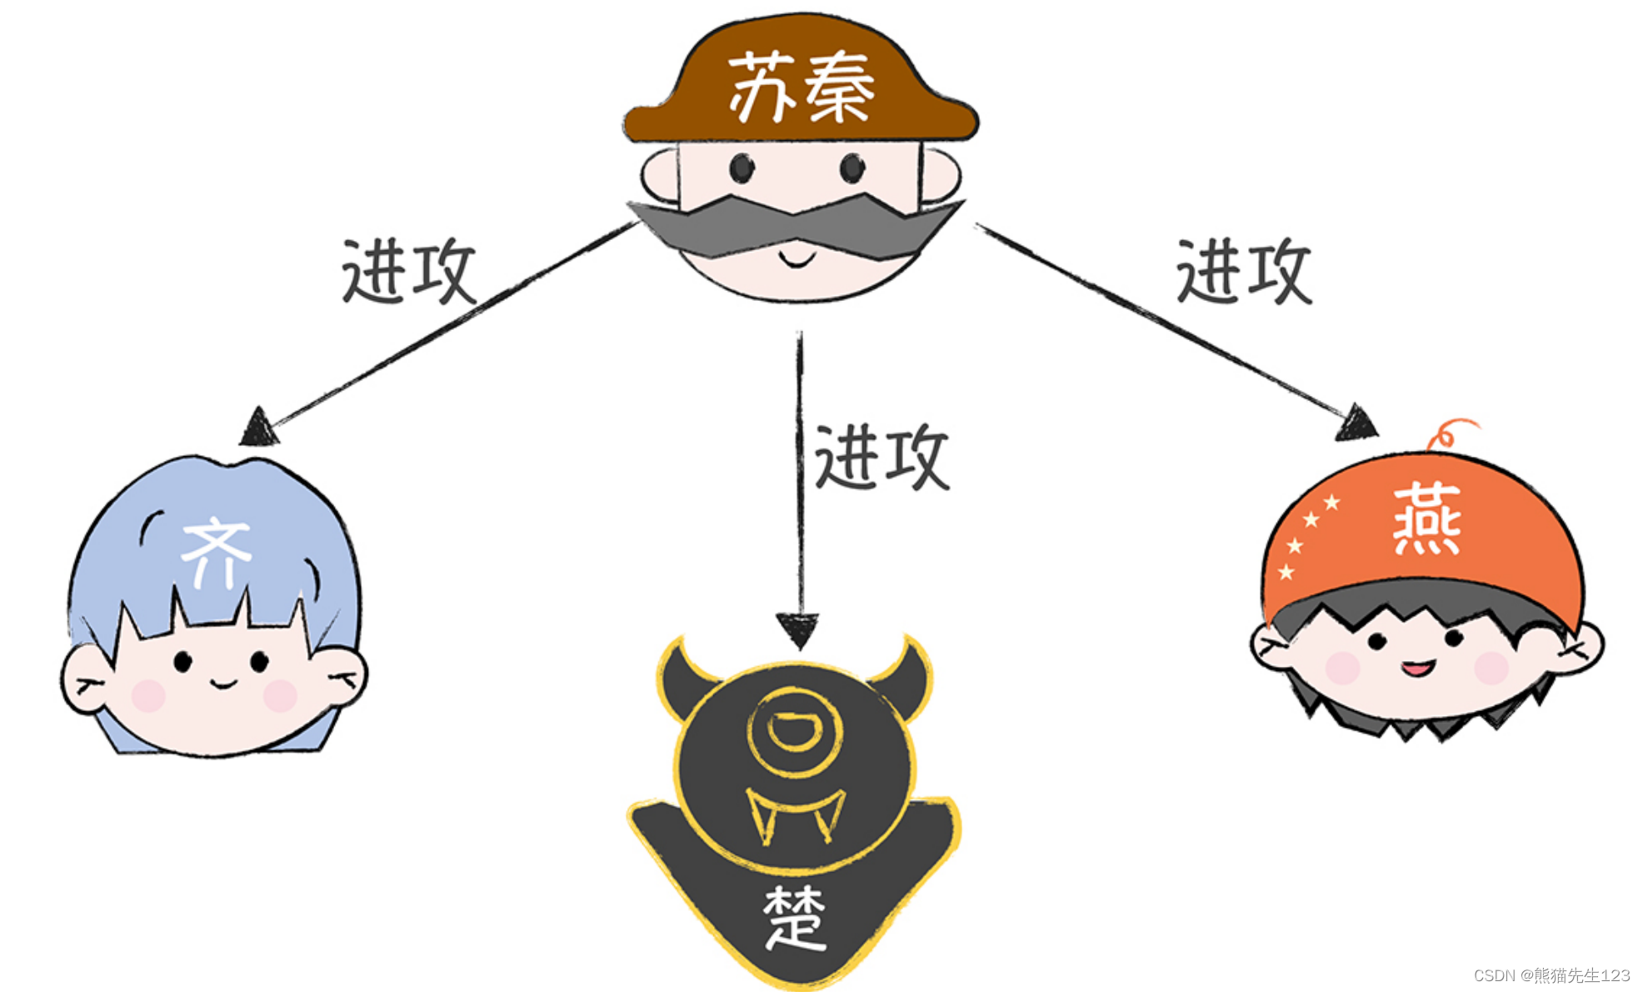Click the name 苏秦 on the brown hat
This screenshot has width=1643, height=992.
click(801, 87)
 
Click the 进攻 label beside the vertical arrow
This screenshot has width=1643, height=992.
click(881, 456)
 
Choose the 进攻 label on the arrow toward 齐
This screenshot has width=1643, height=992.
click(408, 271)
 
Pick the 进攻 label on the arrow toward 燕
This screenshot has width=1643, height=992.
click(1244, 271)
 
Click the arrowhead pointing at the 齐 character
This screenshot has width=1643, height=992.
click(259, 428)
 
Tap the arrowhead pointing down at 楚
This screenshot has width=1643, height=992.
click(798, 629)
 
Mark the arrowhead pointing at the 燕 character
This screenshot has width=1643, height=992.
click(1356, 423)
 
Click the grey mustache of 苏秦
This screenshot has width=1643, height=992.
click(796, 225)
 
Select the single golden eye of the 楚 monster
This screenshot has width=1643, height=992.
click(795, 731)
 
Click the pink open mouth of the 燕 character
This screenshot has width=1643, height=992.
click(1417, 668)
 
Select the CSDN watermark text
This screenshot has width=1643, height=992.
click(1551, 974)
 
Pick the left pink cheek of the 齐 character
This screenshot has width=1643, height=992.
click(148, 695)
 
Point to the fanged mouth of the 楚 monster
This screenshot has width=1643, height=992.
click(795, 813)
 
